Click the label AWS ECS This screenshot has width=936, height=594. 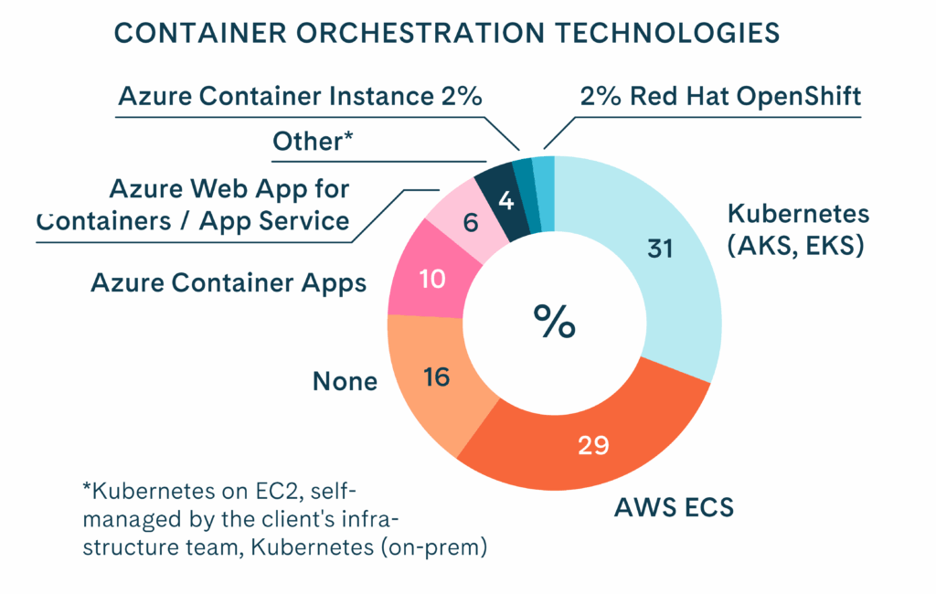tap(672, 507)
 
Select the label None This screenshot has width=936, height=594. tap(345, 381)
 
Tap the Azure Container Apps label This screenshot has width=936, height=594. tap(229, 283)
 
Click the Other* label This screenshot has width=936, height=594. tap(313, 143)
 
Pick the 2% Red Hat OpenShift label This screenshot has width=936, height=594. tap(721, 96)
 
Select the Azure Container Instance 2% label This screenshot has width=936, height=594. tap(300, 97)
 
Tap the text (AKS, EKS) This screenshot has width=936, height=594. tap(795, 246)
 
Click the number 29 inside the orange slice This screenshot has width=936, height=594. tap(594, 446)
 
